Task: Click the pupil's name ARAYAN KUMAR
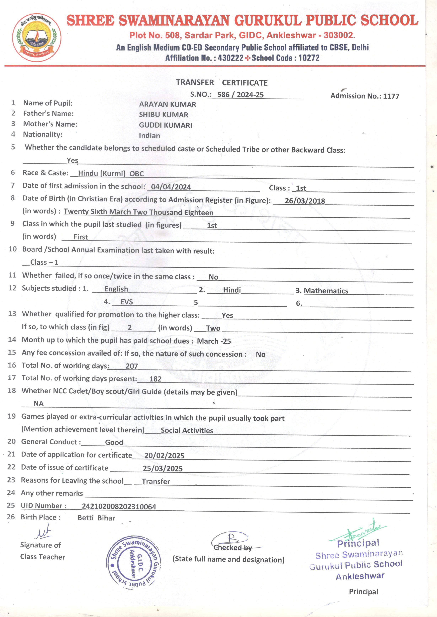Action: (x=167, y=104)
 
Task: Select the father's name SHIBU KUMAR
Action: (x=163, y=115)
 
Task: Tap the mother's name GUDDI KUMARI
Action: (x=165, y=125)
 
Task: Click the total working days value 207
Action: (x=132, y=366)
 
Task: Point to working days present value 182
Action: (x=155, y=379)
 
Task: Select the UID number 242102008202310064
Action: (x=119, y=507)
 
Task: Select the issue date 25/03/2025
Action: (x=163, y=468)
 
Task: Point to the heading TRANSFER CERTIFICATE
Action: (x=222, y=83)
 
